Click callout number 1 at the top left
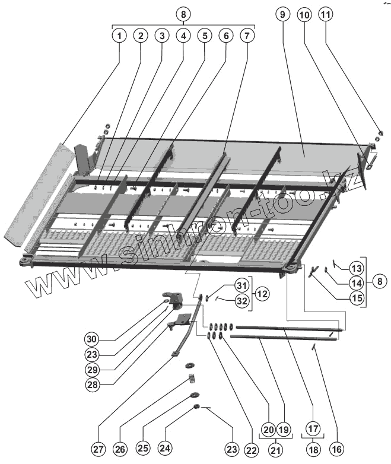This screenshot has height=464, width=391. pos(119,36)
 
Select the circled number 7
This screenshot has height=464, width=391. pos(247,36)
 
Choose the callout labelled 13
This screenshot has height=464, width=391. pos(357,267)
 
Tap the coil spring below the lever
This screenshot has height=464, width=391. pos(192,379)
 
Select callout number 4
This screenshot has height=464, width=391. pos(183,36)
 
